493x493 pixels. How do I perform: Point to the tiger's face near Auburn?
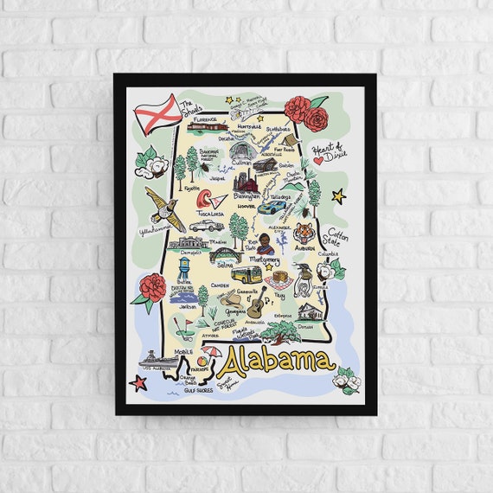pyautogui.click(x=304, y=233)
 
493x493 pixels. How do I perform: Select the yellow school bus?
pyautogui.click(x=246, y=275)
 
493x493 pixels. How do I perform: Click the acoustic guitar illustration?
pyautogui.click(x=257, y=304)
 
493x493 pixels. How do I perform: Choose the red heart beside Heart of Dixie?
pyautogui.click(x=318, y=160)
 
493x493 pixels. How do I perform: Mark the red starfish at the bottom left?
pyautogui.click(x=138, y=381)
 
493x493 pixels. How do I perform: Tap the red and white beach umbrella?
pyautogui.click(x=210, y=355)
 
